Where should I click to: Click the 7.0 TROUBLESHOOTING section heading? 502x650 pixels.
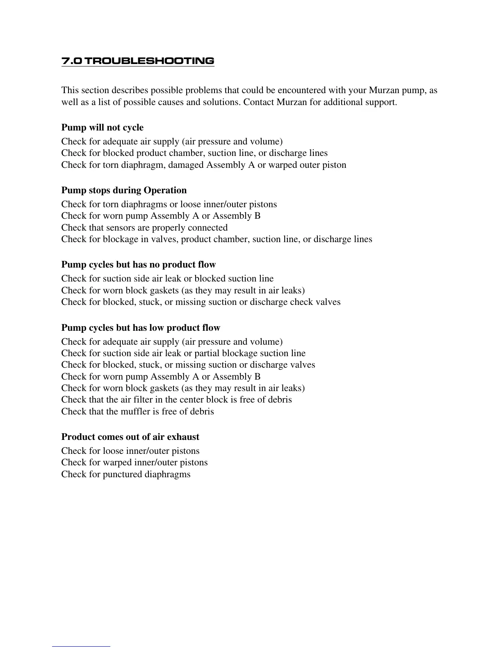(138, 61)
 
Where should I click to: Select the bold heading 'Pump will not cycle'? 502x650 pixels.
(103, 128)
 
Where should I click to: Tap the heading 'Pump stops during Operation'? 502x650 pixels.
(124, 190)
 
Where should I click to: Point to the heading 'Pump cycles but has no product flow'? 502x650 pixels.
(139, 265)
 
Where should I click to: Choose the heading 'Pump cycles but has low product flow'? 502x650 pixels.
(141, 328)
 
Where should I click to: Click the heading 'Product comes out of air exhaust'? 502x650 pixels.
(130, 437)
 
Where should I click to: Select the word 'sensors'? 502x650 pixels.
(108, 228)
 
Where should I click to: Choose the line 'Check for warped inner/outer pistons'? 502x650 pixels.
(135, 462)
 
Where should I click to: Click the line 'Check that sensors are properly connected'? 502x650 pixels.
(144, 228)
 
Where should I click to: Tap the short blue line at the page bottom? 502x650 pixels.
(81, 646)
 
